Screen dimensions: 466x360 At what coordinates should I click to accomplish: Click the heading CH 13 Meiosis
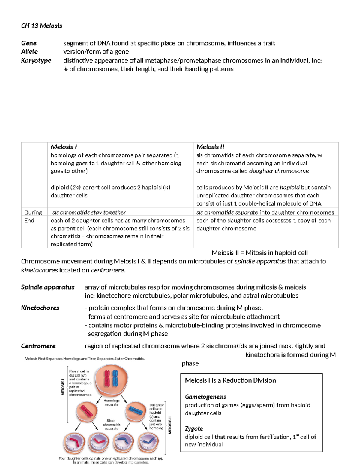tap(41, 26)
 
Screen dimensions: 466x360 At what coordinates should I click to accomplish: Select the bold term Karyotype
tap(36, 61)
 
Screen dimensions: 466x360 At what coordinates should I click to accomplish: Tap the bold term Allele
tap(29, 52)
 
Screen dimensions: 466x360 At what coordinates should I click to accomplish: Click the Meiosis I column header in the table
tap(64, 147)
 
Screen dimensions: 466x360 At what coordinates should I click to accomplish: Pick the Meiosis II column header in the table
tap(210, 147)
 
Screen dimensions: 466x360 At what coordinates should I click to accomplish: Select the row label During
tap(33, 212)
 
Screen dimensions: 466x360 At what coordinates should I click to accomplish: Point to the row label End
tap(29, 221)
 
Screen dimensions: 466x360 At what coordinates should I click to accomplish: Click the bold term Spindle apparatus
tap(47, 287)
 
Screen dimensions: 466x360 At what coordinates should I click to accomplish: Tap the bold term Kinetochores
tap(40, 308)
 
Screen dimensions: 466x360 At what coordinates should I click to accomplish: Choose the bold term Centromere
tap(38, 346)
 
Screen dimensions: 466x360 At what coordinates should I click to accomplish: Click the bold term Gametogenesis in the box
tap(205, 397)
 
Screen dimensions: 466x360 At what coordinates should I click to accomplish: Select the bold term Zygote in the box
tap(194, 428)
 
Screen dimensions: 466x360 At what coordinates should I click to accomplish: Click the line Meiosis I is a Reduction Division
tap(230, 380)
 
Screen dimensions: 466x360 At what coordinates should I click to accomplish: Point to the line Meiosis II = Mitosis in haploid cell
tap(259, 253)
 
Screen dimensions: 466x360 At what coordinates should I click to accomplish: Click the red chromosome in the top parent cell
tap(107, 378)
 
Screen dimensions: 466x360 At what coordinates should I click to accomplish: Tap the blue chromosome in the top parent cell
tap(115, 378)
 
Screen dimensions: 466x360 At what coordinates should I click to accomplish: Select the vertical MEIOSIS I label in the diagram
tap(63, 387)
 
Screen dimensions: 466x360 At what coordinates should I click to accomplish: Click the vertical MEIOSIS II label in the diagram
tap(170, 425)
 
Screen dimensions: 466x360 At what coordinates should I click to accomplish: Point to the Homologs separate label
tap(112, 402)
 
